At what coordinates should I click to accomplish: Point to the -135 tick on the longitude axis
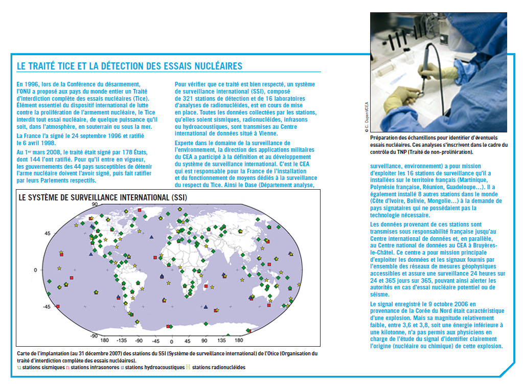coord(121,341)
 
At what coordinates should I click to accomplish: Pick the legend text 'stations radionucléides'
coord(219,367)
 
